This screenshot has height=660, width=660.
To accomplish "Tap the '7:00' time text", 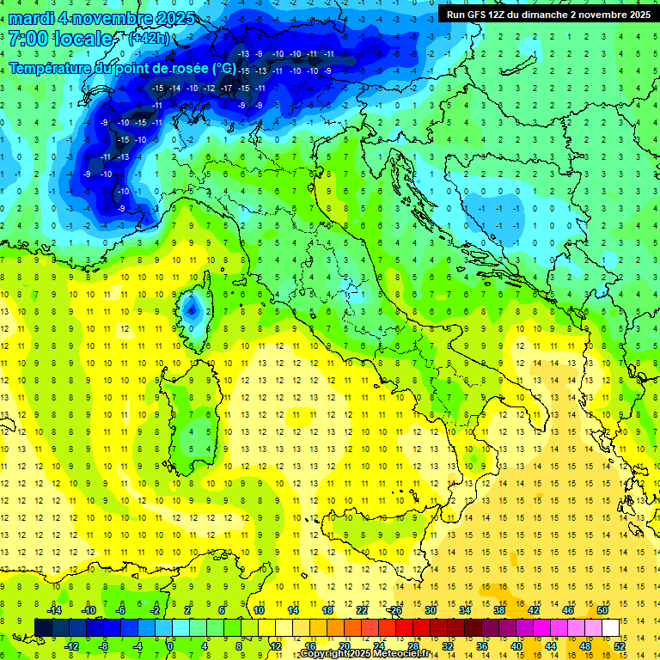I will [27, 40].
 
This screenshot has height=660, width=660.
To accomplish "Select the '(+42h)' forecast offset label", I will [149, 39].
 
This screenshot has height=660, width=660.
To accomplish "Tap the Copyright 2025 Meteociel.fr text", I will [365, 654].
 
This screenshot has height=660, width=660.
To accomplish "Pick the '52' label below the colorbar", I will [620, 645].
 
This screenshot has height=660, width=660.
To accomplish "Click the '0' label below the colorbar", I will [170, 645].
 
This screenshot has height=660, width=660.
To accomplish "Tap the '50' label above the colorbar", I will [602, 610].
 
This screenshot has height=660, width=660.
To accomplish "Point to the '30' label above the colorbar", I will [430, 610].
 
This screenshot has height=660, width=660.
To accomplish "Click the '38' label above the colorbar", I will [498, 610].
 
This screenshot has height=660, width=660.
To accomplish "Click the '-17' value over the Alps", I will [227, 89].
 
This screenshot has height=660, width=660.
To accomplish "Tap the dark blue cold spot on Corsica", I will [192, 307].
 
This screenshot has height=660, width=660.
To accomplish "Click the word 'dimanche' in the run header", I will [547, 15].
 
